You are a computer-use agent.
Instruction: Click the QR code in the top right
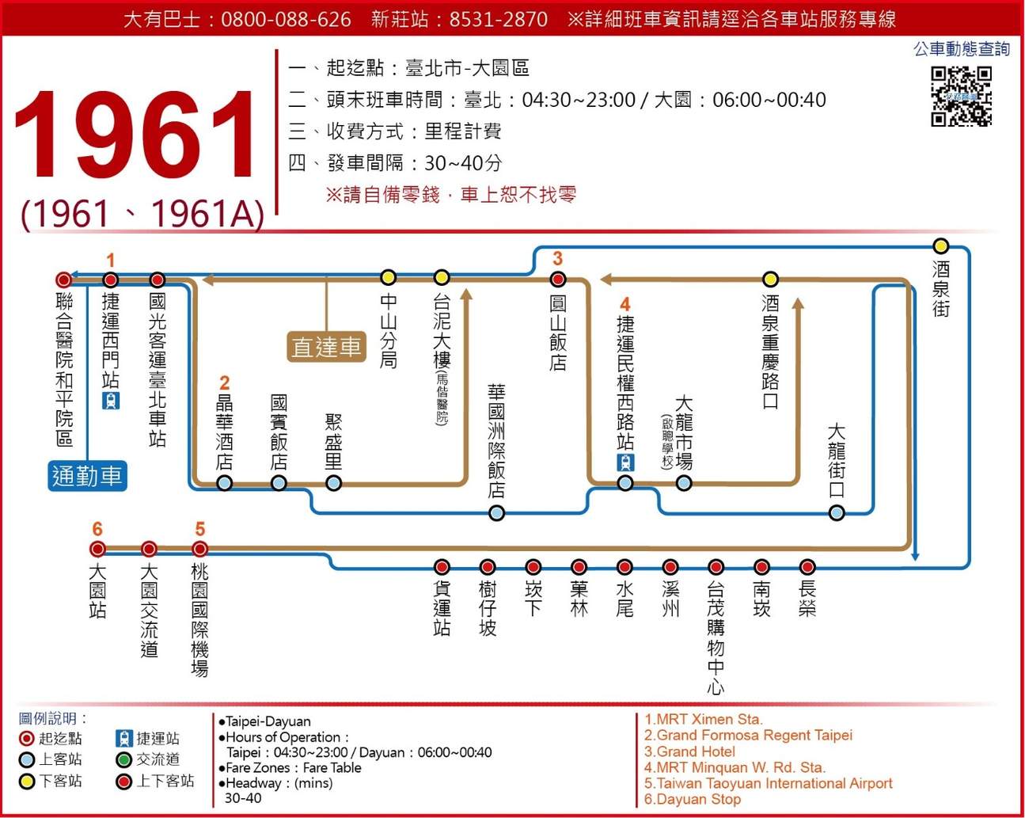click(961, 97)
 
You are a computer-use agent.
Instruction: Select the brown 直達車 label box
click(327, 346)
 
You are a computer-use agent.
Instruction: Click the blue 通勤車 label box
click(87, 476)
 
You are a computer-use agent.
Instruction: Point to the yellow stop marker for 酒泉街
click(940, 245)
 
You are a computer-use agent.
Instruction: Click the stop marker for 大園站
click(97, 549)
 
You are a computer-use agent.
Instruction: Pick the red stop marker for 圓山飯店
click(558, 279)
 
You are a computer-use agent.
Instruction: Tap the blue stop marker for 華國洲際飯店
click(496, 513)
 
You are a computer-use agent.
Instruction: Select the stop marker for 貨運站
click(442, 567)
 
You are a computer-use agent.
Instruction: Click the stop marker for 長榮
click(807, 567)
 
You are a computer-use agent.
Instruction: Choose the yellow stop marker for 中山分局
click(388, 277)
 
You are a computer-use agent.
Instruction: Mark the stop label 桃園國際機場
click(199, 620)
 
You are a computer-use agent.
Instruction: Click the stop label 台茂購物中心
click(716, 637)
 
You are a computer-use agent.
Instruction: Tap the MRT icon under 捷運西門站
click(111, 400)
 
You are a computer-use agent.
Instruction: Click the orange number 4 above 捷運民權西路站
click(625, 304)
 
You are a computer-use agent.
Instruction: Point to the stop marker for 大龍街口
click(837, 513)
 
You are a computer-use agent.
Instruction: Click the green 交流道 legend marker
click(123, 760)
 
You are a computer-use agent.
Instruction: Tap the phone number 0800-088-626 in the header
click(286, 19)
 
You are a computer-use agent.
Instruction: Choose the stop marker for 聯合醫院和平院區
click(63, 280)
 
